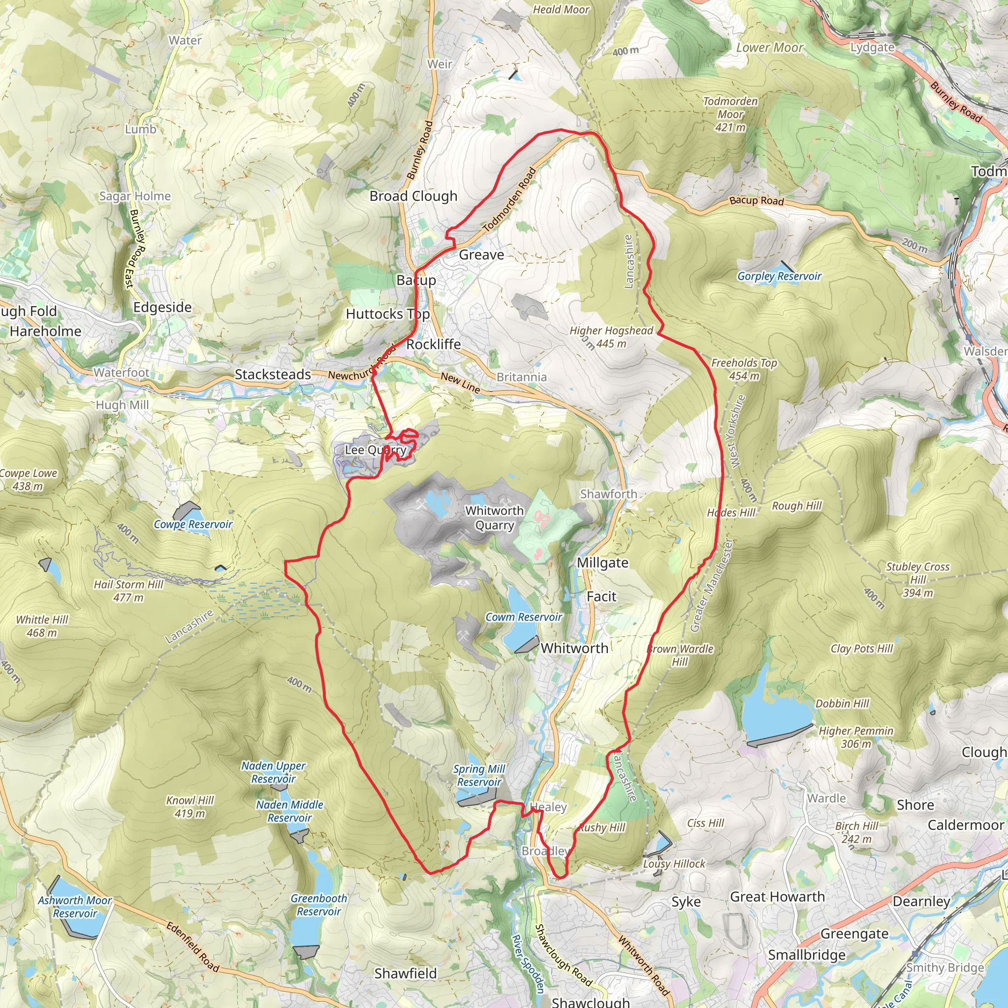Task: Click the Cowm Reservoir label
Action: (x=523, y=617)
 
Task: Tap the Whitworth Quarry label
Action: (x=494, y=518)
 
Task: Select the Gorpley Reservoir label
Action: (x=779, y=276)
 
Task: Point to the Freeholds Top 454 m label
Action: (x=744, y=369)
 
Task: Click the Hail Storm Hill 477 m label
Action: (x=128, y=591)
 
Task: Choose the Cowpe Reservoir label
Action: (x=193, y=524)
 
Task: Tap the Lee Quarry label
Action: (x=375, y=450)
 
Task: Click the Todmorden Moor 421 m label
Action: (x=730, y=114)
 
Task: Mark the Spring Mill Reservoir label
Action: (x=479, y=775)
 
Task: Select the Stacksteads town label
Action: (x=273, y=374)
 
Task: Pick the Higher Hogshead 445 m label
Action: (x=611, y=337)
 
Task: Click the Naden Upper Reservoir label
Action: (x=273, y=772)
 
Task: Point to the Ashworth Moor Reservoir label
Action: (x=75, y=907)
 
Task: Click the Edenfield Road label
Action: (x=192, y=946)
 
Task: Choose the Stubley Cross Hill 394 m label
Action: (x=918, y=579)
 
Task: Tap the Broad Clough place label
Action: (x=413, y=196)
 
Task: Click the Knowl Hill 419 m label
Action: (x=190, y=807)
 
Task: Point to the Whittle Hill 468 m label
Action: (x=42, y=626)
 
